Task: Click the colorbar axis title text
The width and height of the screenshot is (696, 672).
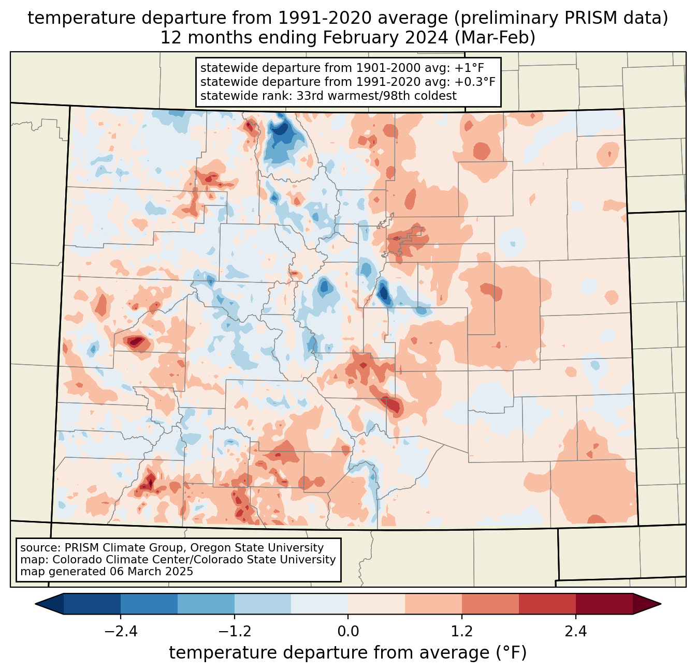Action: [x=348, y=653]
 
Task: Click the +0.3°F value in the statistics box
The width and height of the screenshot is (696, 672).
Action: [x=476, y=82]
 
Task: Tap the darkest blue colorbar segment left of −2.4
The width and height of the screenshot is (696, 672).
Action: [x=92, y=604]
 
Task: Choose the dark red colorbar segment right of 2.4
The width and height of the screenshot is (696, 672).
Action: [x=604, y=604]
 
